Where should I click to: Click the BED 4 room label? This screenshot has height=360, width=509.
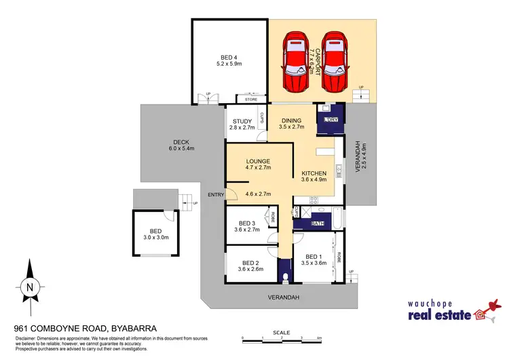coord(228,57)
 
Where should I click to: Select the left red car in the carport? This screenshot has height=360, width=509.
coord(297,62)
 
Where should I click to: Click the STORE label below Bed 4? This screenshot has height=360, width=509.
coord(251,100)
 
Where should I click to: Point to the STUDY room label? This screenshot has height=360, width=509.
coord(242,122)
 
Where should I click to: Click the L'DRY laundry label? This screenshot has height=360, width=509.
coord(332,120)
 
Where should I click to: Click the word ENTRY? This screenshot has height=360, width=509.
coord(216,195)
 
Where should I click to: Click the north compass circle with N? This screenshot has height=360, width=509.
coord(29,287)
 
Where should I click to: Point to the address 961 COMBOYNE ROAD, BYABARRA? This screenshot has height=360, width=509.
coord(86,328)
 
